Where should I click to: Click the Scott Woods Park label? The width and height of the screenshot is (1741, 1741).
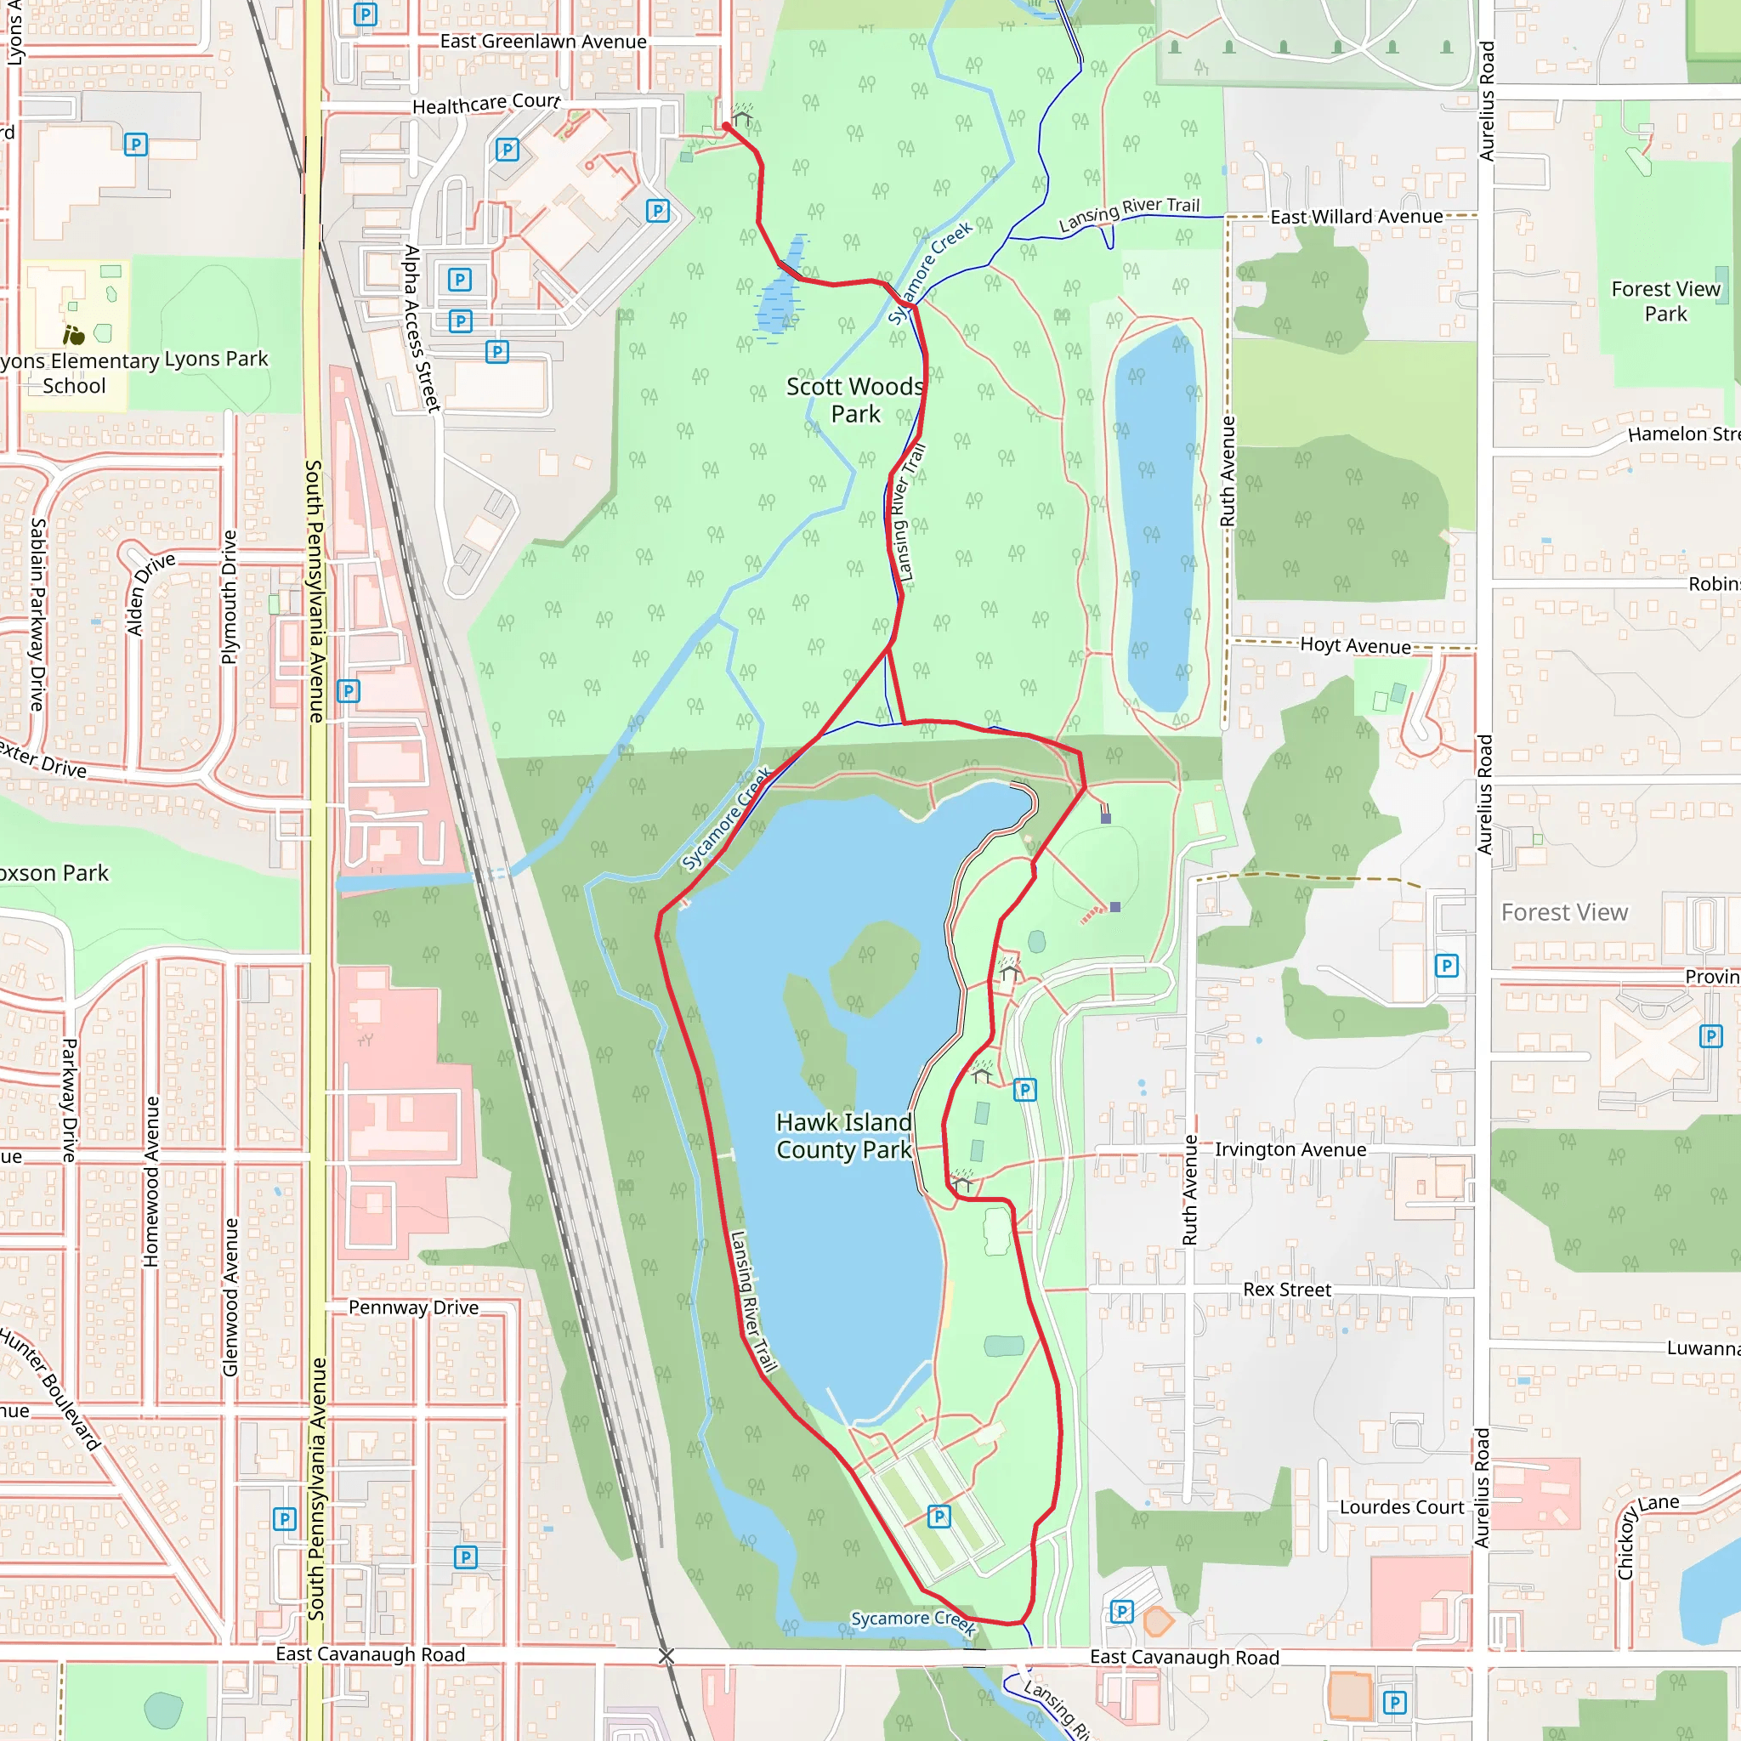(854, 400)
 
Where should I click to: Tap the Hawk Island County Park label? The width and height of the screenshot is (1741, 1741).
(843, 1136)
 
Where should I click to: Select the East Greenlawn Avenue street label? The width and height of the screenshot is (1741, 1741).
(542, 42)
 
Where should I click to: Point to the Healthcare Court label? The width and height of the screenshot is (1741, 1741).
(485, 104)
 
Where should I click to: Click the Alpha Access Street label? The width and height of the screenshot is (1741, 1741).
(421, 328)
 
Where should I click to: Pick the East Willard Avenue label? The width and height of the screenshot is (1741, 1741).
(1356, 217)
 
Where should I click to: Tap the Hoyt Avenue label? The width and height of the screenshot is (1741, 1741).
(1355, 645)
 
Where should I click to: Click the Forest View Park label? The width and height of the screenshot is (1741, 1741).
(1665, 301)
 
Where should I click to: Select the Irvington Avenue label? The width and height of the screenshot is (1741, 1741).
(1290, 1150)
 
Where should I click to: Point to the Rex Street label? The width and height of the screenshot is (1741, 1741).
(1287, 1290)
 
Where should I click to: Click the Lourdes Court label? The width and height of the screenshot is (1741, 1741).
(1401, 1507)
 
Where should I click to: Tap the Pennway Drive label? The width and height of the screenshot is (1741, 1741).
(414, 1307)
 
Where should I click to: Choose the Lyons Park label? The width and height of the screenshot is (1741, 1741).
(216, 359)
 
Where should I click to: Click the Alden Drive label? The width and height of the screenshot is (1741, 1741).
(149, 594)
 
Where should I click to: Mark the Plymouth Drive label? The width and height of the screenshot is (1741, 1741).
(230, 597)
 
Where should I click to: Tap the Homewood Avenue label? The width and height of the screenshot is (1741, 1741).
(151, 1181)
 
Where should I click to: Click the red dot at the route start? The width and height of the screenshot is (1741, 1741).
(726, 126)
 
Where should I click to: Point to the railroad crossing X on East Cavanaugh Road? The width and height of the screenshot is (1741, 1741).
(666, 1656)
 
